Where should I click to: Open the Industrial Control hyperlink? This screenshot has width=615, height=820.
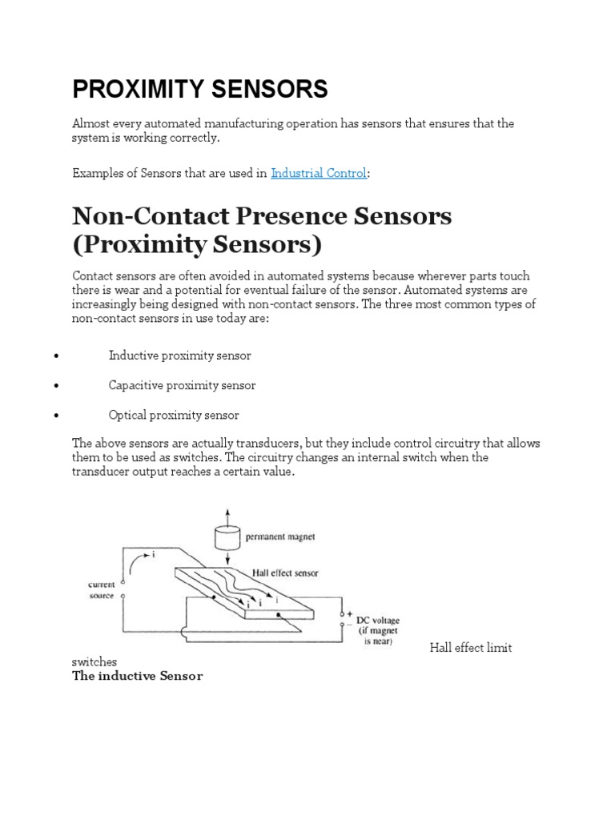(x=319, y=173)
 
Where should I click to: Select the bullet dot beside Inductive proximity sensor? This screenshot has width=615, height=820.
(x=55, y=356)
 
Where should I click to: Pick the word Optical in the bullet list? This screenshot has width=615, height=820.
(x=127, y=416)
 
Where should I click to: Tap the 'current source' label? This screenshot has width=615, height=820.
(x=102, y=591)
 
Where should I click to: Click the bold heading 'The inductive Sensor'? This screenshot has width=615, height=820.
(x=138, y=677)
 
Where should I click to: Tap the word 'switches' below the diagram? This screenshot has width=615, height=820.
(x=94, y=662)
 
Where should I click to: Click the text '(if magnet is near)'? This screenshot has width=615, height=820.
(x=375, y=637)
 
